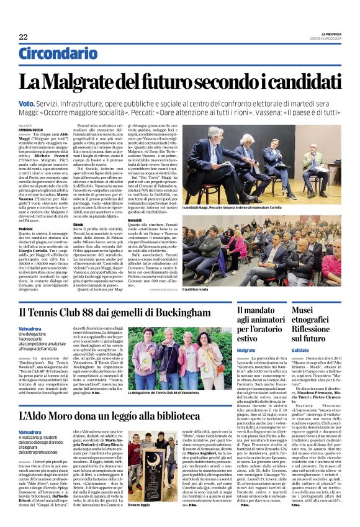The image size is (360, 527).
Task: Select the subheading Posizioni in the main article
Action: pos(25,228)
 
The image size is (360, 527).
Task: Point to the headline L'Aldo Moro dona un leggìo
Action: pos(118,415)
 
